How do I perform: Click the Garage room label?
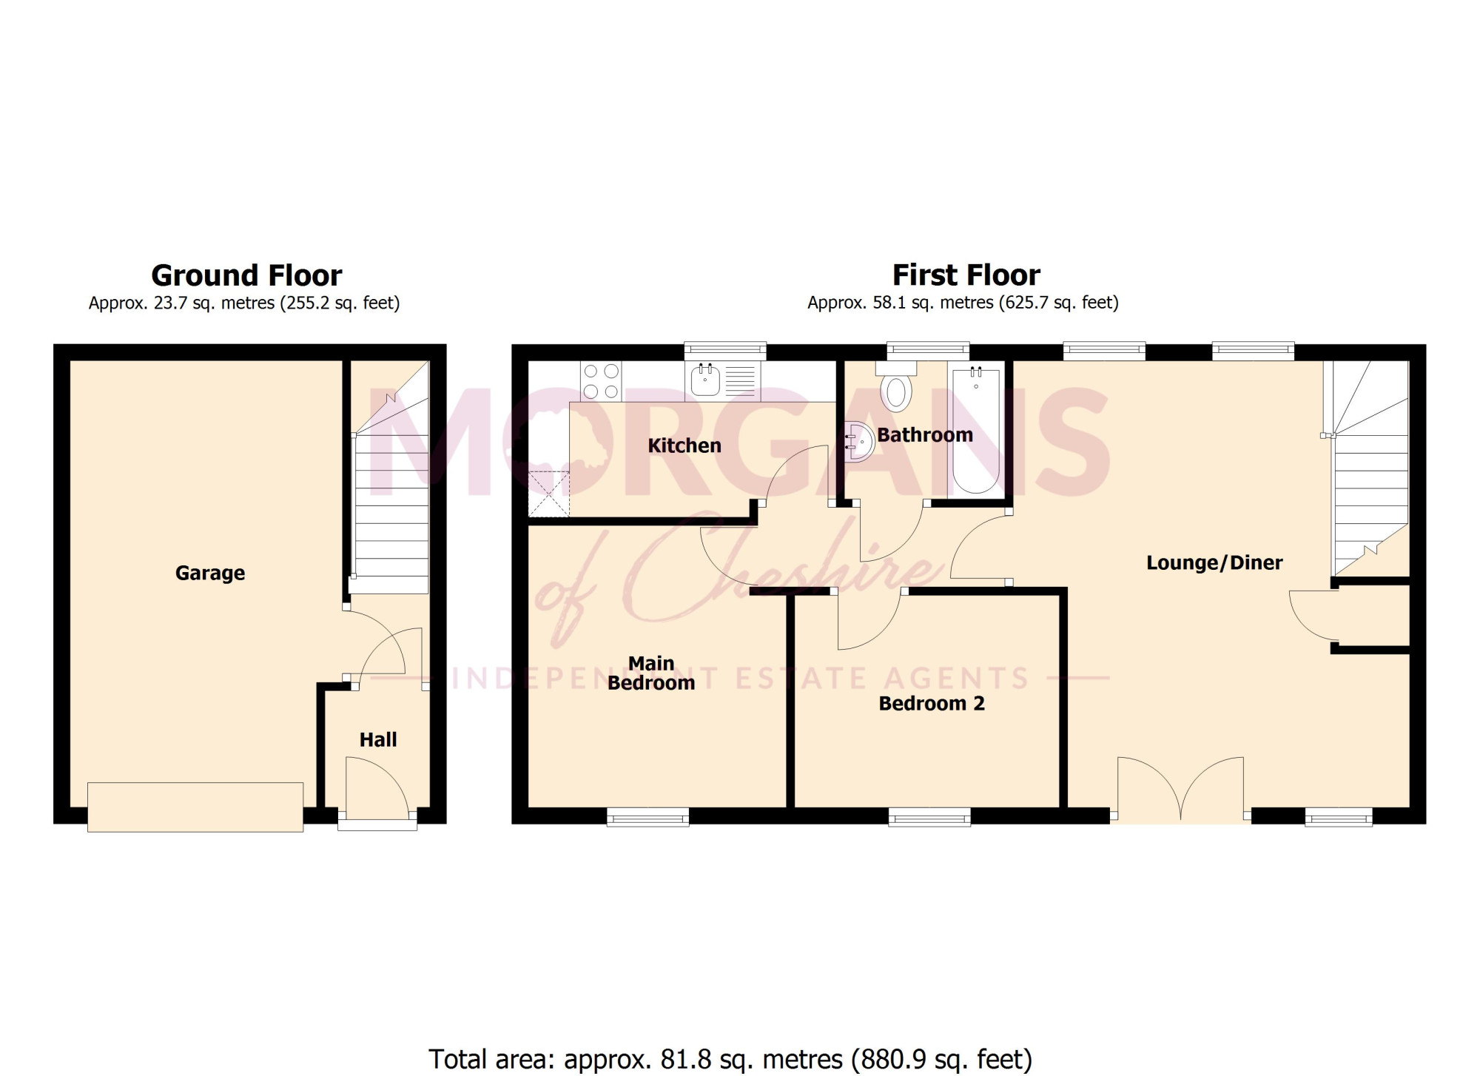[210, 574]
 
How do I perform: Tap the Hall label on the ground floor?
[378, 739]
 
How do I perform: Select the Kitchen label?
[684, 445]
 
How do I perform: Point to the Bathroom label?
[925, 434]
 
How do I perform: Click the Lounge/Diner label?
[1214, 562]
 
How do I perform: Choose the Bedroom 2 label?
[932, 703]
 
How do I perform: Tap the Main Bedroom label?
[651, 673]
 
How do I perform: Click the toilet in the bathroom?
[896, 386]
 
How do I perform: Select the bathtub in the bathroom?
[976, 430]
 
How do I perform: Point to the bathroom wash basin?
[858, 442]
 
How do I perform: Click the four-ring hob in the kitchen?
[601, 381]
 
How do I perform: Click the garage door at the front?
[195, 807]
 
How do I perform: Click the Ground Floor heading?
[246, 275]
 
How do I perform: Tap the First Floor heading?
[966, 275]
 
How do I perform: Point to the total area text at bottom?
[730, 1059]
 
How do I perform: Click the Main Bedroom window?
[648, 816]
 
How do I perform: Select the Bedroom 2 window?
[929, 816]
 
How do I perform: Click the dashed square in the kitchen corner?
[548, 494]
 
